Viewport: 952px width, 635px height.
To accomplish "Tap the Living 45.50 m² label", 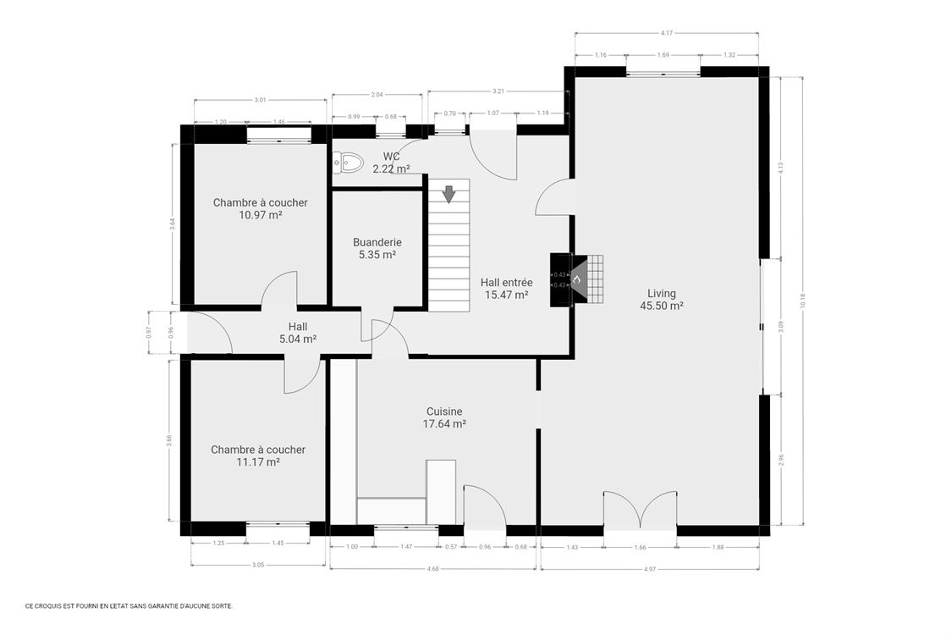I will tap(661, 300).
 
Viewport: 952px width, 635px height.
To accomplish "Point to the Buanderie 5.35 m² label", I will tap(377, 247).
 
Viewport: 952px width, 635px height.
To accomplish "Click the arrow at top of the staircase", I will tap(448, 194).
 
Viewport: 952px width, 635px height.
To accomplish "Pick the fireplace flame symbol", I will tap(576, 279).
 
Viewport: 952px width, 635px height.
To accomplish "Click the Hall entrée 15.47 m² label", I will tap(506, 289).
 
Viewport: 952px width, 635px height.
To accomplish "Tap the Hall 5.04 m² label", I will tap(297, 332).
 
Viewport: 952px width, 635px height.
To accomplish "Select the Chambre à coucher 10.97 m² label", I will tap(260, 208).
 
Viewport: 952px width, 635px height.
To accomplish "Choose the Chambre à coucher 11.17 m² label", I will tap(258, 456).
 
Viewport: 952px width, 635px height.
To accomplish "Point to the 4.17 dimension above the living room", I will tap(667, 33).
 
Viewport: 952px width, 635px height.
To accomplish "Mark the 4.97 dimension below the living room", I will tap(649, 568).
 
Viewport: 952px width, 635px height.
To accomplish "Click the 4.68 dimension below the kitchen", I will tap(432, 568).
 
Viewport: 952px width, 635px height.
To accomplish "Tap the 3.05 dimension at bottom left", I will tap(258, 565).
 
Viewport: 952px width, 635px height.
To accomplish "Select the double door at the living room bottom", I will tap(640, 511).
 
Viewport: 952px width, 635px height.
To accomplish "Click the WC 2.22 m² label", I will tap(391, 163).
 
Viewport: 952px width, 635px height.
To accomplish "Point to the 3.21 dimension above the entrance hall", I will tap(498, 91).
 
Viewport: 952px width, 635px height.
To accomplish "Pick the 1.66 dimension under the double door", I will tap(640, 547).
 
